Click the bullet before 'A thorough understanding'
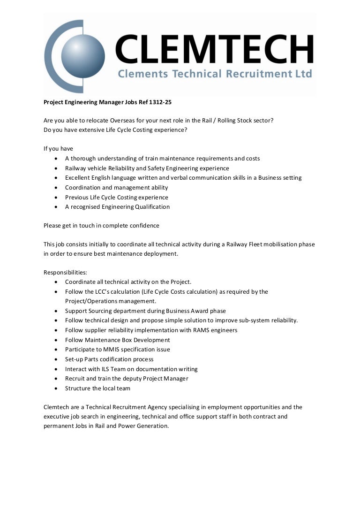[56, 159]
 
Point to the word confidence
[144, 226]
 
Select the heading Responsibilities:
[62, 273]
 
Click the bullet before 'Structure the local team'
[56, 388]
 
